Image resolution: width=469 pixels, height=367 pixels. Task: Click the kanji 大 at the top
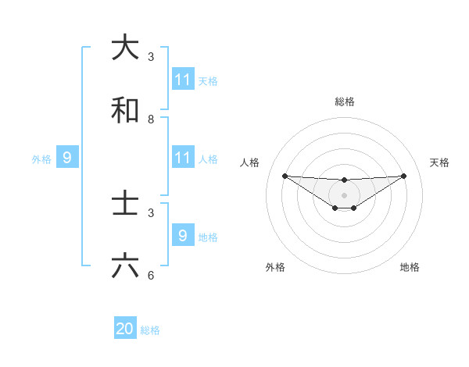pyautogui.click(x=125, y=48)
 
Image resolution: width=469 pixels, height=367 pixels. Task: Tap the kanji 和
pyautogui.click(x=125, y=111)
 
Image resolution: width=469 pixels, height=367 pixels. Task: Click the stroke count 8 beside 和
pyautogui.click(x=151, y=119)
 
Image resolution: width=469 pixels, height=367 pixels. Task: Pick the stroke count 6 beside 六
pyautogui.click(x=151, y=276)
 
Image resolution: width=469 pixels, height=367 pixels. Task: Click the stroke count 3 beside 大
pyautogui.click(x=151, y=57)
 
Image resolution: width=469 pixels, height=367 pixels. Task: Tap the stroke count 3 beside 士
pyautogui.click(x=151, y=212)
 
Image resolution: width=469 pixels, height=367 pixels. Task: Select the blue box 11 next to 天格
pyautogui.click(x=183, y=80)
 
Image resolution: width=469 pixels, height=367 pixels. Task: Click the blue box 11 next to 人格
pyautogui.click(x=183, y=158)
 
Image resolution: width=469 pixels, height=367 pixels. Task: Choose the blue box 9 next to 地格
pyautogui.click(x=183, y=236)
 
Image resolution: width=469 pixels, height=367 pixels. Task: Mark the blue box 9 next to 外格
pyautogui.click(x=67, y=158)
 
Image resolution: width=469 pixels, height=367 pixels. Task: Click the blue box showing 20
pyautogui.click(x=125, y=330)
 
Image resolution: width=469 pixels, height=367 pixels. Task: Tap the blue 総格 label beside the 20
pyautogui.click(x=150, y=330)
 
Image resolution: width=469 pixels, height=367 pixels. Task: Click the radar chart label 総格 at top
pyautogui.click(x=344, y=102)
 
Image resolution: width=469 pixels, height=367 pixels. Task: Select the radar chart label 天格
pyautogui.click(x=439, y=162)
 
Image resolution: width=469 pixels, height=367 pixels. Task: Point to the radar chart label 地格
pyautogui.click(x=410, y=267)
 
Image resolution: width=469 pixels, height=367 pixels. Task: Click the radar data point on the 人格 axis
pyautogui.click(x=285, y=176)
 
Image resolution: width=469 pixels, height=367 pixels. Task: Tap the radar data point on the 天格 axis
pyautogui.click(x=404, y=176)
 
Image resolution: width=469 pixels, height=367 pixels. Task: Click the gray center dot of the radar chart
pyautogui.click(x=344, y=195)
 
